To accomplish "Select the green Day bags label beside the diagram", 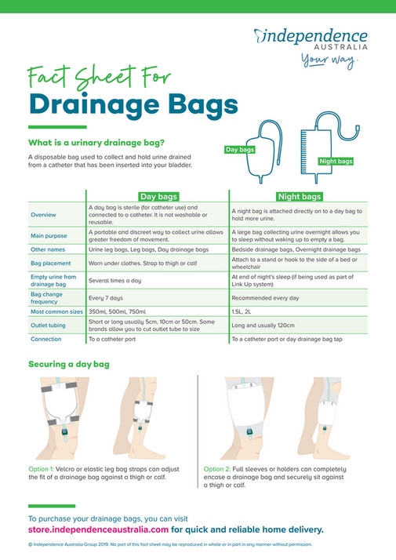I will coord(239,149).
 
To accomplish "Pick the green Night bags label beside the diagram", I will coord(336,162).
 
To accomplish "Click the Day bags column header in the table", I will coord(159,196).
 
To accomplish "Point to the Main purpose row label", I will coord(47,235).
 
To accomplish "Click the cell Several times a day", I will coord(116,280).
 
